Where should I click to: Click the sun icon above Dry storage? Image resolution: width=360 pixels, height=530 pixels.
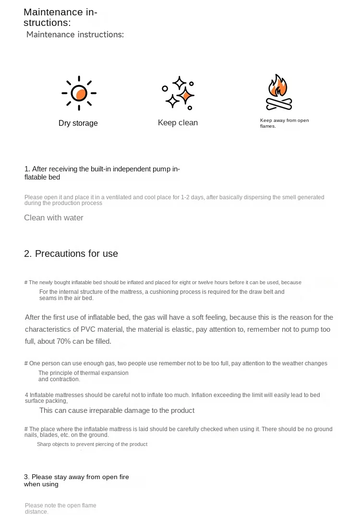coord(79,93)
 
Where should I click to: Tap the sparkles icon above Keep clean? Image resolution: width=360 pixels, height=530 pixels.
coord(178,93)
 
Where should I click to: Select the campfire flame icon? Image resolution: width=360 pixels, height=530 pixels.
coord(279,92)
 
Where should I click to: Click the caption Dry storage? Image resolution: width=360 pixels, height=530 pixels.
coord(78,123)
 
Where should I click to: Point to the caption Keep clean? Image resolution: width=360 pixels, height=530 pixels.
coord(178,123)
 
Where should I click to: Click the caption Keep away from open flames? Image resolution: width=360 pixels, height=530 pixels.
coord(284,123)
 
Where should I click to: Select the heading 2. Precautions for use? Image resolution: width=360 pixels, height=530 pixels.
coord(71,253)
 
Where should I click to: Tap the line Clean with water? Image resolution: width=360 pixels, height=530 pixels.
coord(54,217)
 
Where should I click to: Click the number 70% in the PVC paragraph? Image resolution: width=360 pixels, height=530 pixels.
coord(63,341)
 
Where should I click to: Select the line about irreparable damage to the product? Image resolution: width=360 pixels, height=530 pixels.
coord(117,410)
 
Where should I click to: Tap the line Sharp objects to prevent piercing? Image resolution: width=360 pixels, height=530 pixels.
coord(92,444)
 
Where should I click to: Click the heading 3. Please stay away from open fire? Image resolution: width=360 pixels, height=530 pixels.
coord(76,480)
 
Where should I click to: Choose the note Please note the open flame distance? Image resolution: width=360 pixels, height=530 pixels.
coord(60,508)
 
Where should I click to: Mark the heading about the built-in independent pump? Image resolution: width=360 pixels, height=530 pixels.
coord(102,173)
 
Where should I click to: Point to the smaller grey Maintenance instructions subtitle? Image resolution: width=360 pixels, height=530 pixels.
coord(75,35)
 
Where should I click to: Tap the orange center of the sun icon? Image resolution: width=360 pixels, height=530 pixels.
coord(81,94)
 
